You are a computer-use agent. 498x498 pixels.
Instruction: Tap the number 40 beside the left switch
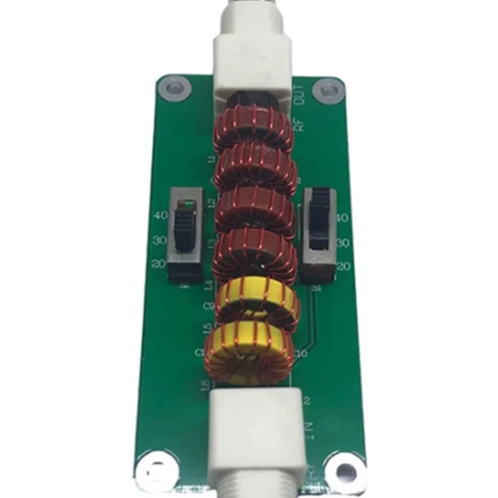point(159,217)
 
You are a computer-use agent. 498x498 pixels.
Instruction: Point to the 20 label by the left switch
point(158,263)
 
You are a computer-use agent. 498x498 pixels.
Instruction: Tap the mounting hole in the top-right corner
point(327,90)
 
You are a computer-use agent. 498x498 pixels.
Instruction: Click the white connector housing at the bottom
point(256,436)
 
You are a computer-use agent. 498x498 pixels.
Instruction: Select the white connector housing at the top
point(251,62)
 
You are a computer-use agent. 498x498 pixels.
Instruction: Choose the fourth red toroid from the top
point(254,254)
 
